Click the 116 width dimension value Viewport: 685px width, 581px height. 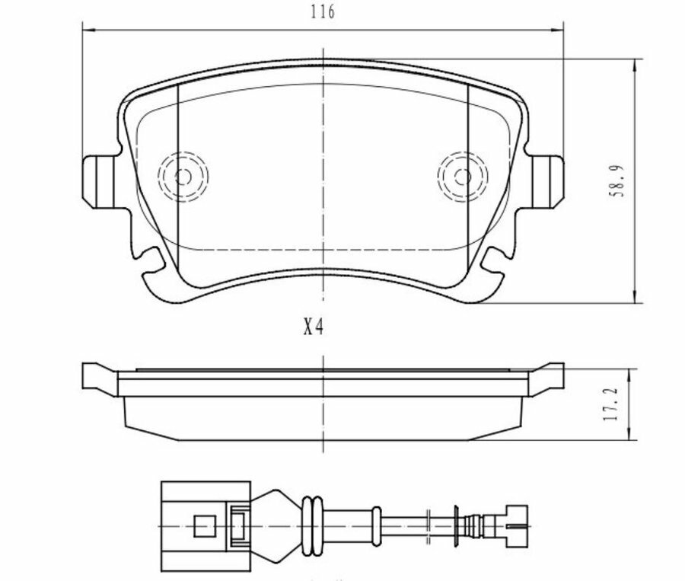(323, 11)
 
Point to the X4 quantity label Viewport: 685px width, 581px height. (314, 328)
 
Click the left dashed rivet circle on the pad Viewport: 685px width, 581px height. (183, 177)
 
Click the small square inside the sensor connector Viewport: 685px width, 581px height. (202, 525)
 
